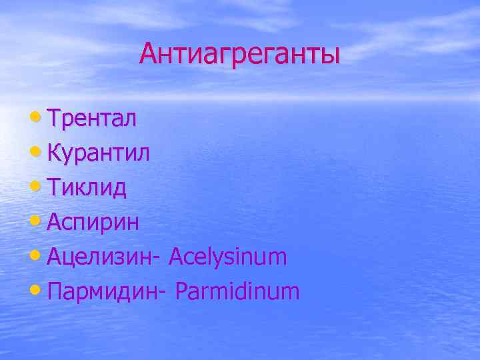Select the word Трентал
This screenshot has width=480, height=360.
93,119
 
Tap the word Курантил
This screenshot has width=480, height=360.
99,153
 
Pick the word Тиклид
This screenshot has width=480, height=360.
87,188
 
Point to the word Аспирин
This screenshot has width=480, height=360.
93,222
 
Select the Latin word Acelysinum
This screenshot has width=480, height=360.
228,257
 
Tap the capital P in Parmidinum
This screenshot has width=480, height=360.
182,291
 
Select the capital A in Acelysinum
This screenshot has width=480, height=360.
177,257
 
